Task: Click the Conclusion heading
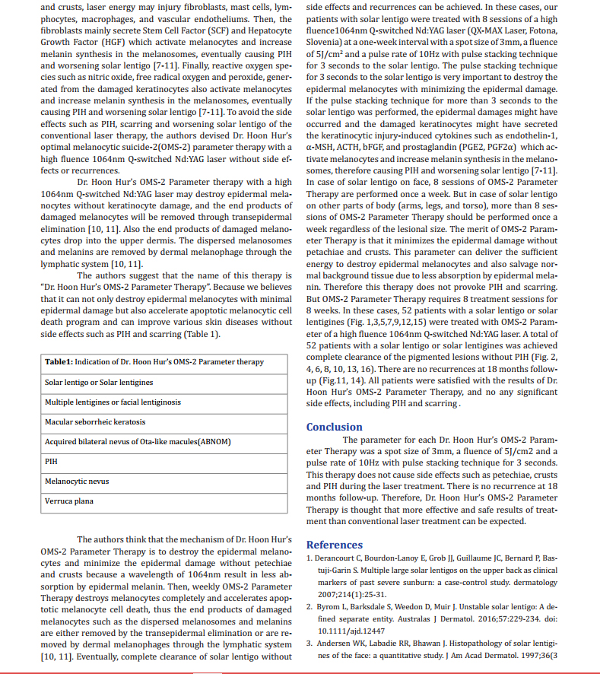[334, 427]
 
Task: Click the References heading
[334, 545]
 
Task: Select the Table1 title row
[154, 362]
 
